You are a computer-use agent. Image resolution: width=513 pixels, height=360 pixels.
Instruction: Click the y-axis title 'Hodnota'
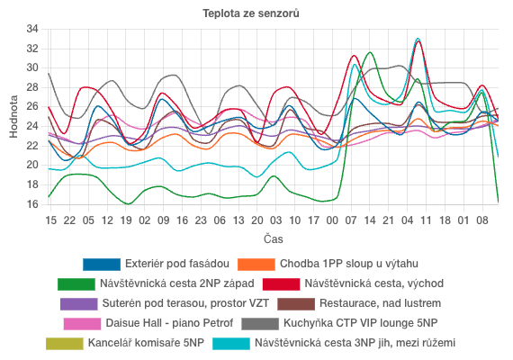(x=13, y=117)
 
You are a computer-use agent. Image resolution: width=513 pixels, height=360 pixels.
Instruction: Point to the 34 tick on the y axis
(x=32, y=29)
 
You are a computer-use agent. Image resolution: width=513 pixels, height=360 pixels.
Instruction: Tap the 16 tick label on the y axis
(x=32, y=204)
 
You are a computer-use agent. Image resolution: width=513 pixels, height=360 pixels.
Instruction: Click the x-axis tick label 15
(x=50, y=220)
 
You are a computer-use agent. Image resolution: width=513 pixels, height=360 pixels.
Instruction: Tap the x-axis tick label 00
(x=333, y=220)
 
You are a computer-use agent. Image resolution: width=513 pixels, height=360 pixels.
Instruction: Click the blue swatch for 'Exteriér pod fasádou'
(x=101, y=265)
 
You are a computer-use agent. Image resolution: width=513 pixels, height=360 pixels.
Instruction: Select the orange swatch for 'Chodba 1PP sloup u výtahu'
(x=255, y=265)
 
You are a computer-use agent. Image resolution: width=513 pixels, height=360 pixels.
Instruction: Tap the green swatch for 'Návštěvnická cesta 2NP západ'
(x=76, y=284)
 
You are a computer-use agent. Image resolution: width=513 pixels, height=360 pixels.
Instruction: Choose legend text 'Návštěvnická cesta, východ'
(x=373, y=284)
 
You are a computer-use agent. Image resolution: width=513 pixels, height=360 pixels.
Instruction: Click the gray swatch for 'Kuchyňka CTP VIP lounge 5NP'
(x=260, y=324)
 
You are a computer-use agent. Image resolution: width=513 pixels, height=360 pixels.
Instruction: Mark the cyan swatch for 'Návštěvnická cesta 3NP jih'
(x=230, y=344)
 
